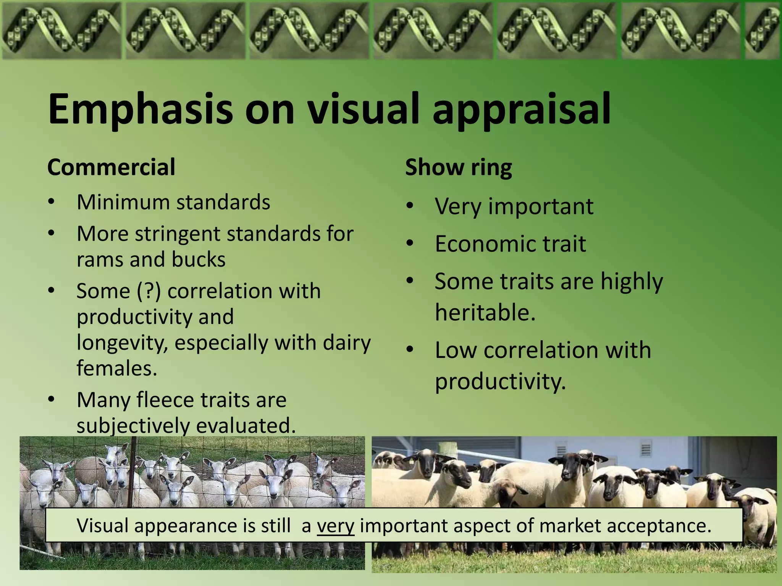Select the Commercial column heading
[x=111, y=167]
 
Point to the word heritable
[x=485, y=312]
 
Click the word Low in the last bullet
[x=455, y=350]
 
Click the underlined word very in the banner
[x=335, y=526]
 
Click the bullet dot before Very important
[x=410, y=206]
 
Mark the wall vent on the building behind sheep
[x=645, y=450]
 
